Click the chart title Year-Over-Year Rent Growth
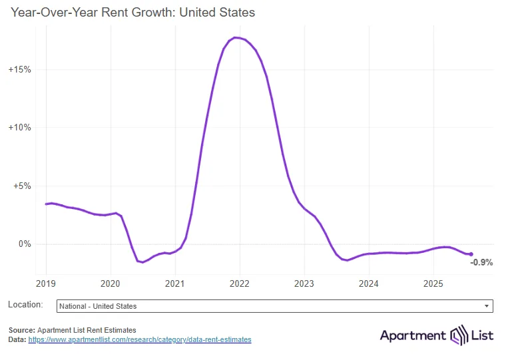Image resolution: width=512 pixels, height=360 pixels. click(x=133, y=13)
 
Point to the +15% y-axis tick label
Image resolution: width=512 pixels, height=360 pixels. click(x=19, y=69)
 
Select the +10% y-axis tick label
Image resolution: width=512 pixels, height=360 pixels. click(x=19, y=127)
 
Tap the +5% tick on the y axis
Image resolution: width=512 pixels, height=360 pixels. click(x=22, y=186)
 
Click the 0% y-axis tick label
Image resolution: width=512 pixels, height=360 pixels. click(x=24, y=244)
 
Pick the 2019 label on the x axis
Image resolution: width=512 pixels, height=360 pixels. click(x=46, y=283)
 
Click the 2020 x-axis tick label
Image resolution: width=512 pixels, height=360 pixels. click(x=111, y=283)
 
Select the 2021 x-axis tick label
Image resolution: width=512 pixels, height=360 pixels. click(x=175, y=283)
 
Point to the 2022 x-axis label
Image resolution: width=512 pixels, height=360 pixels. click(x=240, y=283)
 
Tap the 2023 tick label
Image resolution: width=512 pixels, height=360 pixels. click(x=304, y=283)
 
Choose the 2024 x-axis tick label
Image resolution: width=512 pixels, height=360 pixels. click(x=368, y=283)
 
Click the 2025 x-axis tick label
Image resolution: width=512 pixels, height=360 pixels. click(x=433, y=283)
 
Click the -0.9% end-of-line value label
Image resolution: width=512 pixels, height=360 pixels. click(x=481, y=263)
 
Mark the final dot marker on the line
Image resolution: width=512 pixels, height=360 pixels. click(x=471, y=254)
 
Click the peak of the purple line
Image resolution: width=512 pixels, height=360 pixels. click(x=235, y=37)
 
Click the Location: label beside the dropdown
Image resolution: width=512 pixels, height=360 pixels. click(x=25, y=305)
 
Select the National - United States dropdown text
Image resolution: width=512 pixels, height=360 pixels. click(x=98, y=306)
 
